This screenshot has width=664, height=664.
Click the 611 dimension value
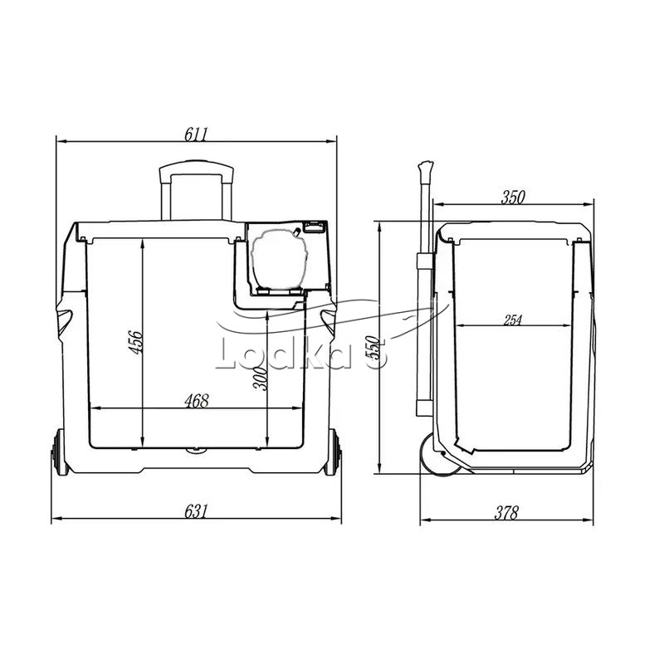point(196,134)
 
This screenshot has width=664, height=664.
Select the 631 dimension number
point(196,511)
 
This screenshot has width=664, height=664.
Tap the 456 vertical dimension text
point(136,342)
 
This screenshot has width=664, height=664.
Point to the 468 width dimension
point(197,401)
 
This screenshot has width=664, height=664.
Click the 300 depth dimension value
point(260,378)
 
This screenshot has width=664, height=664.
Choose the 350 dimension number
point(513,198)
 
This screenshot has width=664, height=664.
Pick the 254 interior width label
point(513,320)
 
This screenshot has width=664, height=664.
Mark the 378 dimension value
point(506,513)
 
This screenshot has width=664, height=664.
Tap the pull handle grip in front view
point(197,168)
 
